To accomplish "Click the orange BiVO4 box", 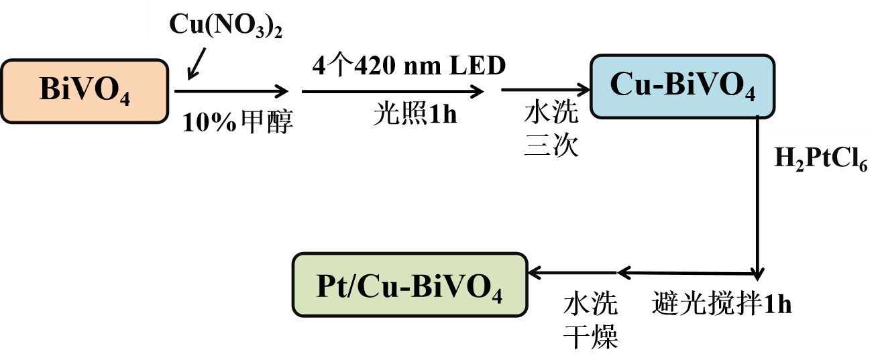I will point(84,92).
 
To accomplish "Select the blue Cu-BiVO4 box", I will point(681,87).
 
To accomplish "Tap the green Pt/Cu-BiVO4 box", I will point(409,284).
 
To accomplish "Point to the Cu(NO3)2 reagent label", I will point(225,25).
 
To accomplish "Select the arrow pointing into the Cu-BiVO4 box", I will point(545,90).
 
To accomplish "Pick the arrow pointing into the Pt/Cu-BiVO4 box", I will point(571,273).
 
